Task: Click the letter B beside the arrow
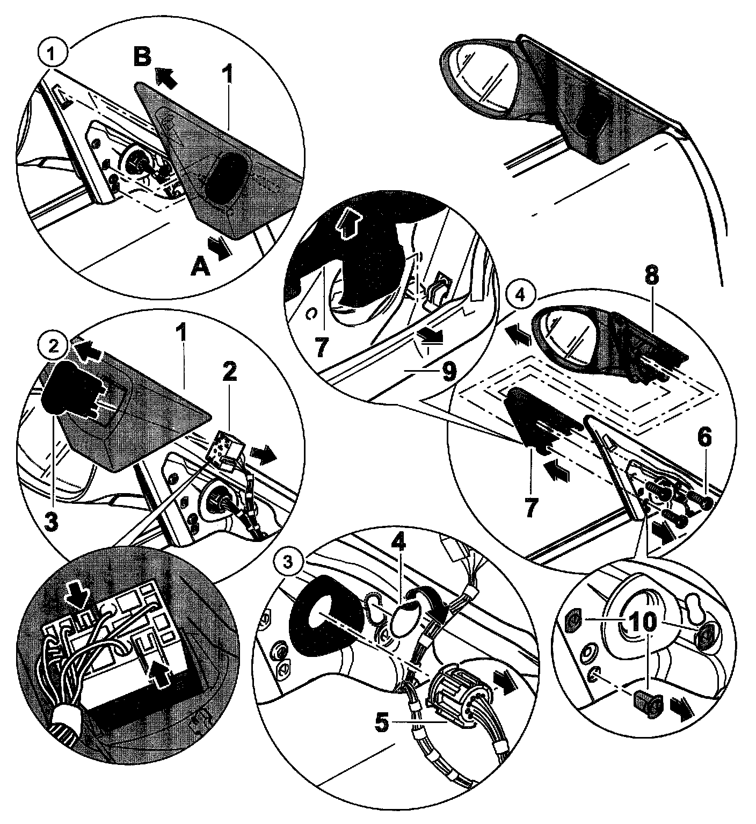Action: click(x=142, y=57)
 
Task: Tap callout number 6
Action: click(x=703, y=439)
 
